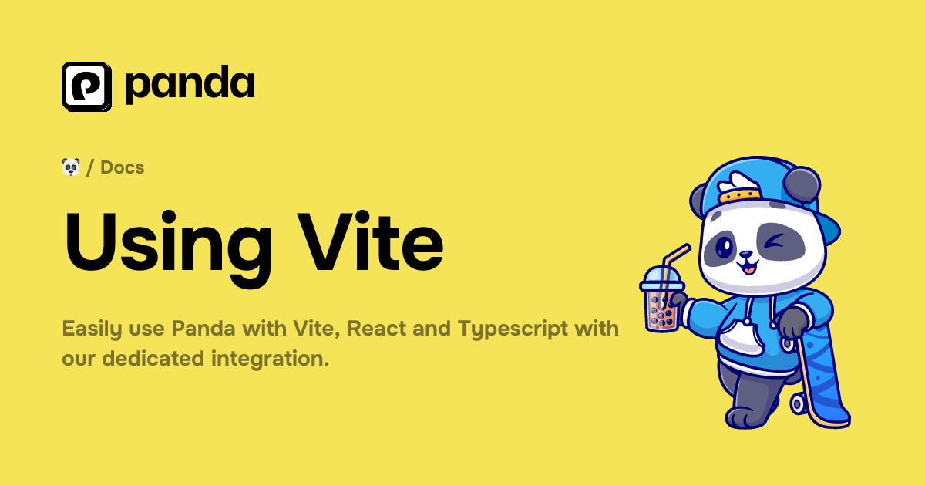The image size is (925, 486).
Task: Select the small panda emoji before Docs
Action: point(71,167)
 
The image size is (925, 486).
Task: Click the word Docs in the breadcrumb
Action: point(122,167)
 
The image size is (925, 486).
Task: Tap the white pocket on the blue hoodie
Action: point(740,335)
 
